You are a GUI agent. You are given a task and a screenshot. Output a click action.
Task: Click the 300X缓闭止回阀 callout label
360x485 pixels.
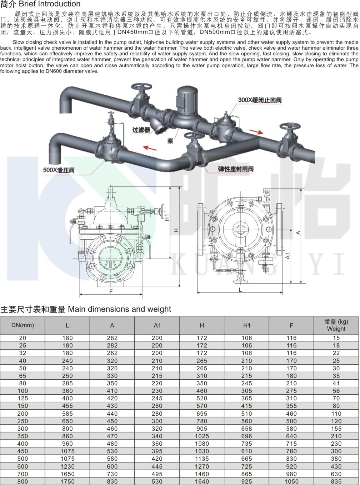pos(260,100)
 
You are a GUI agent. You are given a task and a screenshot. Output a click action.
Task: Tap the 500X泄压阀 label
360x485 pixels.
pos(59,170)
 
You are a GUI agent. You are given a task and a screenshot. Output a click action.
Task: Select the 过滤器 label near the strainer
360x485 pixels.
pos(141,130)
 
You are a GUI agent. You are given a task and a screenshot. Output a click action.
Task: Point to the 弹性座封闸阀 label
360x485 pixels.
pos(236,169)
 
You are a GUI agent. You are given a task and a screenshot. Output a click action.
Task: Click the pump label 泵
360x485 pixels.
pos(170,141)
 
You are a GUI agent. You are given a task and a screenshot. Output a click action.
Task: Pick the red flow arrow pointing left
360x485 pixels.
pos(150,148)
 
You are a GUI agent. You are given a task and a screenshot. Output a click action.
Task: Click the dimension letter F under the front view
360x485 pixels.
pos(111,291)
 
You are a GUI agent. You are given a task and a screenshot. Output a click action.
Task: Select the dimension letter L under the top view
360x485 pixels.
pos(240,290)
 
